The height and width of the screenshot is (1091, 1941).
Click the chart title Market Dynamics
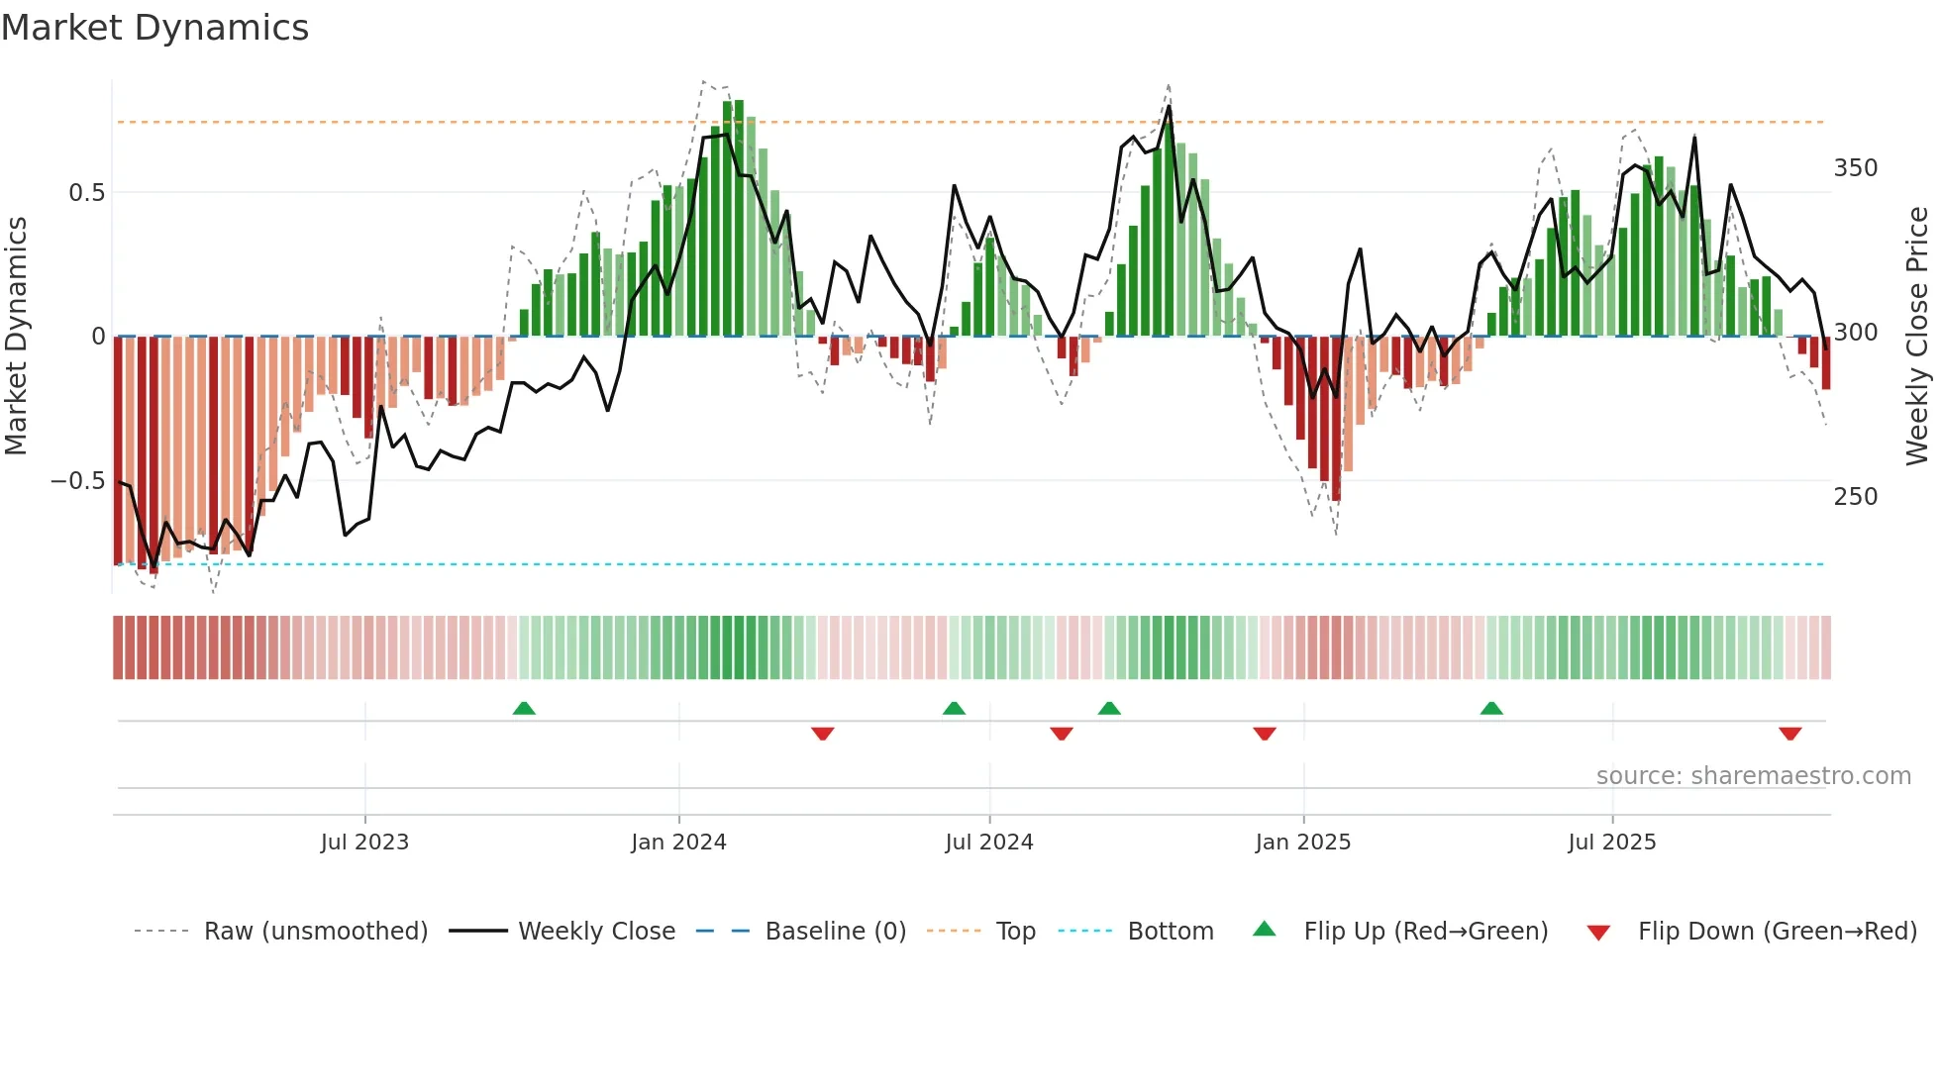click(154, 28)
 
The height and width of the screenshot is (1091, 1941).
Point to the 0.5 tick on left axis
click(86, 193)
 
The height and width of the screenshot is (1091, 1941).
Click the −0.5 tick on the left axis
click(77, 481)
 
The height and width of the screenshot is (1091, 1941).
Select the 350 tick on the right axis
click(1855, 168)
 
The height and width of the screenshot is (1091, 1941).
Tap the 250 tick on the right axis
click(1855, 497)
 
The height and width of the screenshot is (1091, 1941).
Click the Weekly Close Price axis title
click(1917, 337)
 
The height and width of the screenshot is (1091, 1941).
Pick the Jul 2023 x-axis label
click(364, 843)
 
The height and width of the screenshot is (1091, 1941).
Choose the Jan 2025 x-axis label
click(1302, 843)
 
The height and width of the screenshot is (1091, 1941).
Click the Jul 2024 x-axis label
click(988, 843)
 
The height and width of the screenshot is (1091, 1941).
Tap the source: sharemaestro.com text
click(1753, 776)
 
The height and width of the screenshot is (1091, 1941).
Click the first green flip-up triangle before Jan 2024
click(524, 709)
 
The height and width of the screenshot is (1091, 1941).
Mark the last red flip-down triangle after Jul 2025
click(1789, 734)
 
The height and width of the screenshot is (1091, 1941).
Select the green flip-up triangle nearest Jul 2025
click(1491, 709)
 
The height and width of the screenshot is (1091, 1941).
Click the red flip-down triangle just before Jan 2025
click(1265, 734)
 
